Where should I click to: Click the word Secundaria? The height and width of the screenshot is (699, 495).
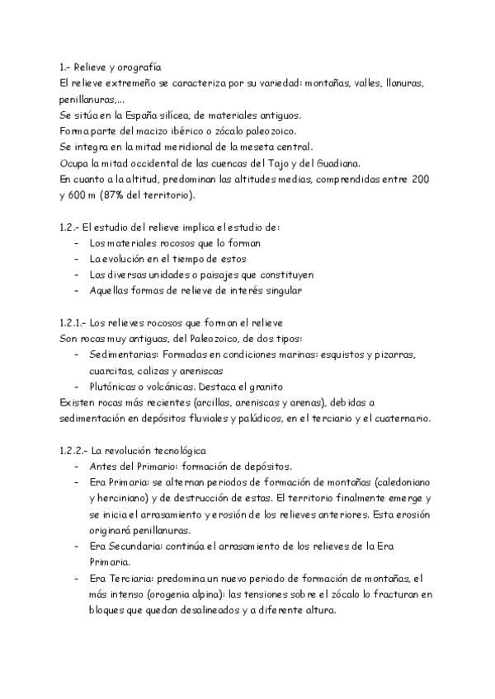click(140, 546)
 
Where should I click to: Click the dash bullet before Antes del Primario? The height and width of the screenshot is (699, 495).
click(78, 467)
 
